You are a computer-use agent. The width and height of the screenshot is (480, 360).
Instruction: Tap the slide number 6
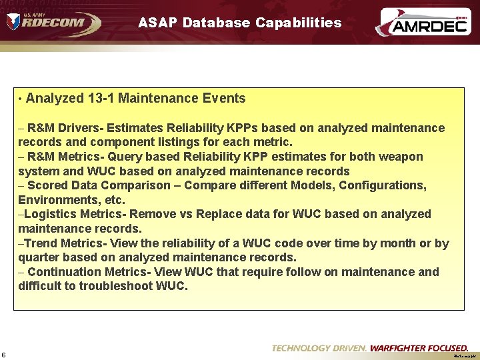[x=4, y=354]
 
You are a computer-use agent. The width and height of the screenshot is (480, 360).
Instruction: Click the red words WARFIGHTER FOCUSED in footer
[x=419, y=348]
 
